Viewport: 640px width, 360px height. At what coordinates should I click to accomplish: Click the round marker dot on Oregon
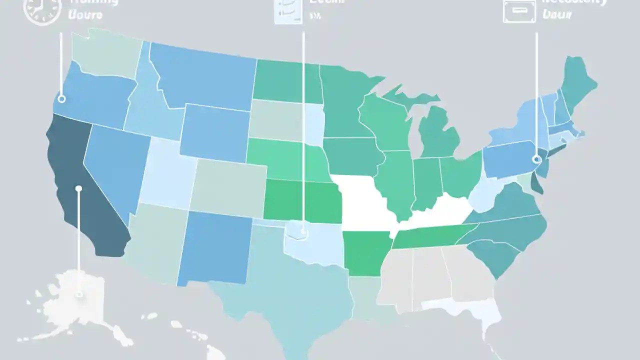point(62,98)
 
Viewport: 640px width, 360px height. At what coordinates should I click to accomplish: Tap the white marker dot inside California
point(78,188)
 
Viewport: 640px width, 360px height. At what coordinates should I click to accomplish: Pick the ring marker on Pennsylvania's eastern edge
point(537,159)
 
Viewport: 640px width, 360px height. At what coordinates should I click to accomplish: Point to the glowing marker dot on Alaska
point(79,294)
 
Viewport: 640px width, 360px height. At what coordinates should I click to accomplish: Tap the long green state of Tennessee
point(430,235)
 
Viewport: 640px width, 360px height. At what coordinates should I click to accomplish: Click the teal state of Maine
point(577,80)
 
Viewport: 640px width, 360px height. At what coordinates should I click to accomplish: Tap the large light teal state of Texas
point(295,285)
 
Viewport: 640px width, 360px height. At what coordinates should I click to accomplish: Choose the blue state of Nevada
point(112,165)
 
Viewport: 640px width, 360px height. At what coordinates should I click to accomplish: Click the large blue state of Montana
point(205,75)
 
